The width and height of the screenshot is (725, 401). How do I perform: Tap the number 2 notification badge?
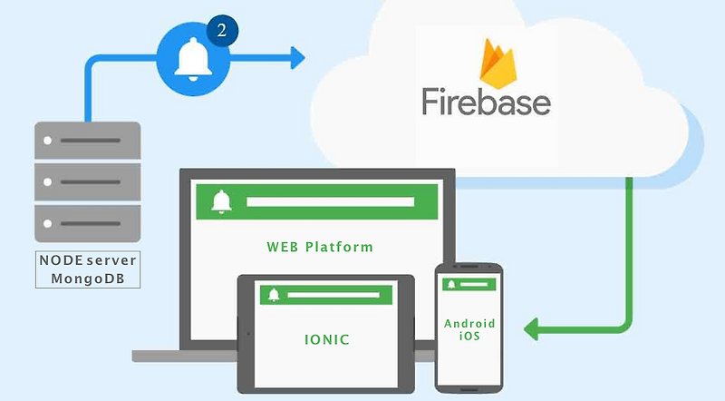coord(223,30)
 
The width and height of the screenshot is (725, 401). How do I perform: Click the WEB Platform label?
coord(320,247)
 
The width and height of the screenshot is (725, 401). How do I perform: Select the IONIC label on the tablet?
coord(327,339)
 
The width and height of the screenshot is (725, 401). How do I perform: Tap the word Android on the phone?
coord(469,323)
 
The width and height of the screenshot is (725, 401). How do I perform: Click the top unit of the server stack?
coord(88,141)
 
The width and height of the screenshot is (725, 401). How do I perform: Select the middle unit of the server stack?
coord(88,181)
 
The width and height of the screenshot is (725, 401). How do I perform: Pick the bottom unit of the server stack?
coord(88,222)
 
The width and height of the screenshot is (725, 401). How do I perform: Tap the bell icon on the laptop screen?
coord(219,200)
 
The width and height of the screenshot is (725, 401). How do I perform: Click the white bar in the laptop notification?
coord(330,200)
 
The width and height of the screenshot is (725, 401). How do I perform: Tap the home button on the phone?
coord(469,382)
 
